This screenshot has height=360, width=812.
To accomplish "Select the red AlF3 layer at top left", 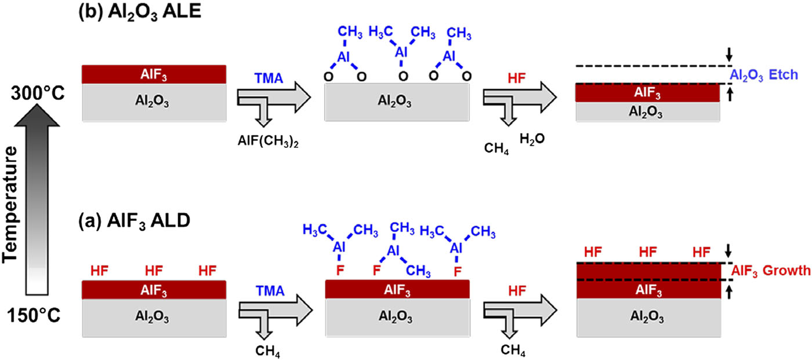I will [154, 74].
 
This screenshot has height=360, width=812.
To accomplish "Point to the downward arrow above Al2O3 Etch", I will [728, 56].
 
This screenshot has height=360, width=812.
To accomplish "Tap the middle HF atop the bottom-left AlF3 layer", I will [153, 271].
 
